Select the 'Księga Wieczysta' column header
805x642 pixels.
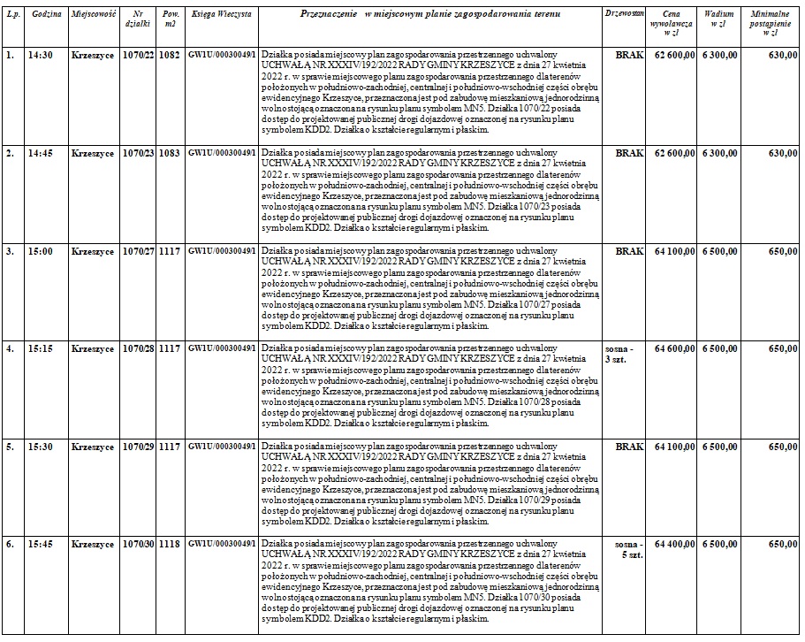click(x=220, y=16)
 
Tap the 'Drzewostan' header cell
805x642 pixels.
click(x=624, y=16)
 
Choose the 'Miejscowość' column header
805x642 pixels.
click(x=92, y=16)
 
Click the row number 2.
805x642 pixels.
click(x=10, y=153)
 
